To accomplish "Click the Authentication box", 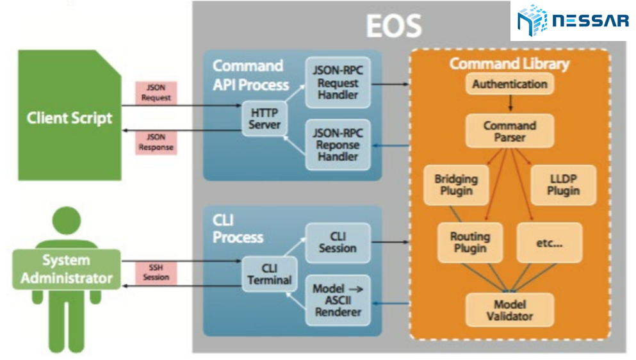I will pyautogui.click(x=510, y=84).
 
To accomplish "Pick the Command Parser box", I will pyautogui.click(x=509, y=131).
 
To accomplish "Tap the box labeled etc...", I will pyautogui.click(x=549, y=241).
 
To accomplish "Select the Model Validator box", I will pyautogui.click(x=509, y=310).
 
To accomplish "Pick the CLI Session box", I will pyautogui.click(x=338, y=242).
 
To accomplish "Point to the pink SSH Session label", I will pyautogui.click(x=156, y=272).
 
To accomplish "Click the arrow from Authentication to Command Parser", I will pyautogui.click(x=510, y=103).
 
